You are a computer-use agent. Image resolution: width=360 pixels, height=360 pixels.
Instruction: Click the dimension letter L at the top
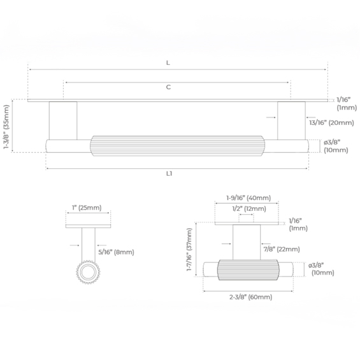coord(168,62)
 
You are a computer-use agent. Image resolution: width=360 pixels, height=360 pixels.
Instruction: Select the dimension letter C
coord(168,87)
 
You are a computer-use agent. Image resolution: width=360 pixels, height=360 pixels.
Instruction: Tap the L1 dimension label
coord(169,174)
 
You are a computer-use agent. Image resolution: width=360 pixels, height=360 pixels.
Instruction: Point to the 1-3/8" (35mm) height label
coord(6,127)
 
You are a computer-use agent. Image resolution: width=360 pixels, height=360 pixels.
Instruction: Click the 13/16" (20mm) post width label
coord(331,123)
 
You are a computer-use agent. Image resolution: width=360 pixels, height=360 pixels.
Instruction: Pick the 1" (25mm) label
coord(87,208)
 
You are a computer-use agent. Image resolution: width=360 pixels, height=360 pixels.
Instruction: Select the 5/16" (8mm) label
coord(116,252)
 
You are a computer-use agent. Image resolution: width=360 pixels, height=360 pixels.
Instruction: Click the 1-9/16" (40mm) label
coord(248,198)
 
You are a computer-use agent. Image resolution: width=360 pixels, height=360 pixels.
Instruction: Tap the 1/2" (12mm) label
coord(249,209)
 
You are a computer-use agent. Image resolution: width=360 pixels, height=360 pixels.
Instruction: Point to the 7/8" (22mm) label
coord(282,249)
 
